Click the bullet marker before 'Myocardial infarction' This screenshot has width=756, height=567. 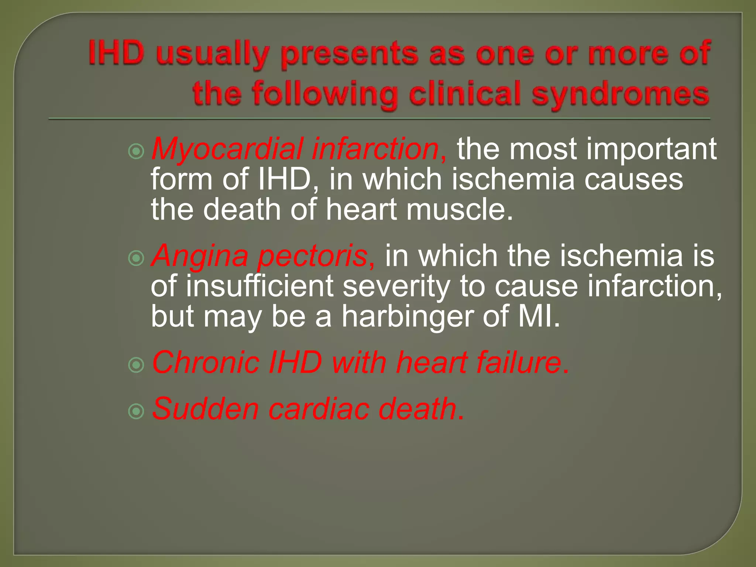(136, 151)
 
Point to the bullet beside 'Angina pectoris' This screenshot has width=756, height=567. (136, 258)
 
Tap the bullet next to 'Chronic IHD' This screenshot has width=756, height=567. (136, 365)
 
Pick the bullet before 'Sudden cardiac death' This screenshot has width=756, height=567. (136, 411)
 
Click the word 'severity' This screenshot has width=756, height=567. (396, 286)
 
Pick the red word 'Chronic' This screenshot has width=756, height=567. (206, 363)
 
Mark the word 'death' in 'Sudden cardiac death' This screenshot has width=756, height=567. (417, 409)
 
